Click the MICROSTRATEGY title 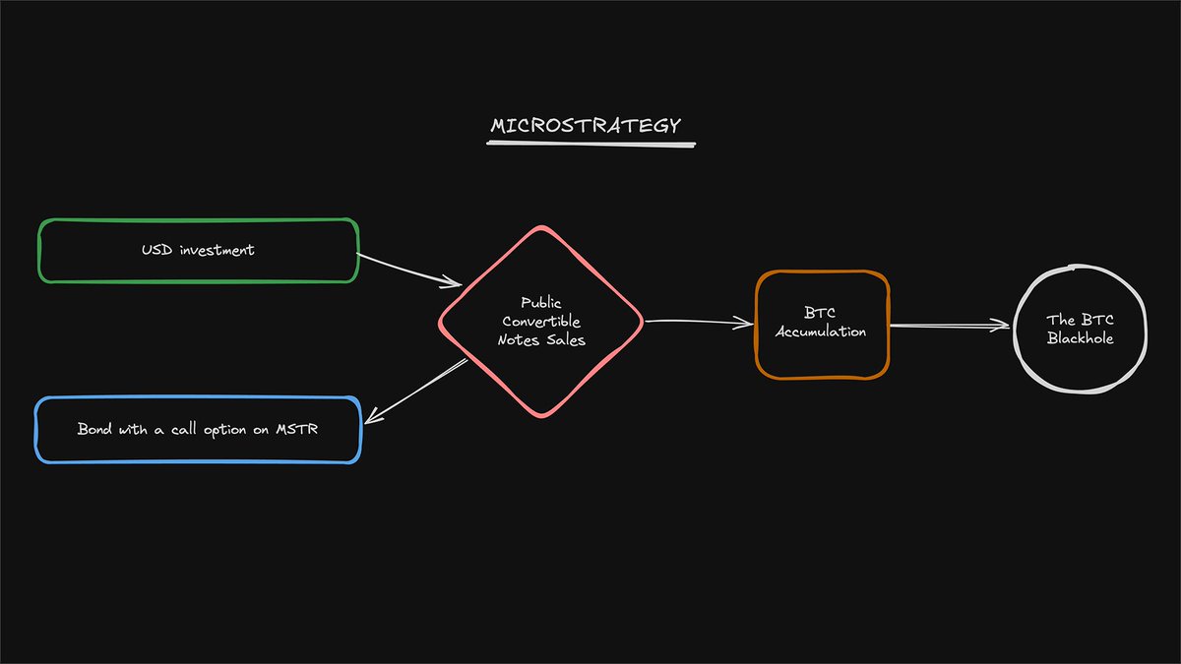click(x=585, y=126)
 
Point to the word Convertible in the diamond click(x=541, y=322)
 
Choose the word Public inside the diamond click(x=541, y=304)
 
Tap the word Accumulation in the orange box click(x=822, y=332)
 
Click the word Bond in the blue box click(x=95, y=430)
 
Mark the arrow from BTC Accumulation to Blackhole click(x=950, y=327)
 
